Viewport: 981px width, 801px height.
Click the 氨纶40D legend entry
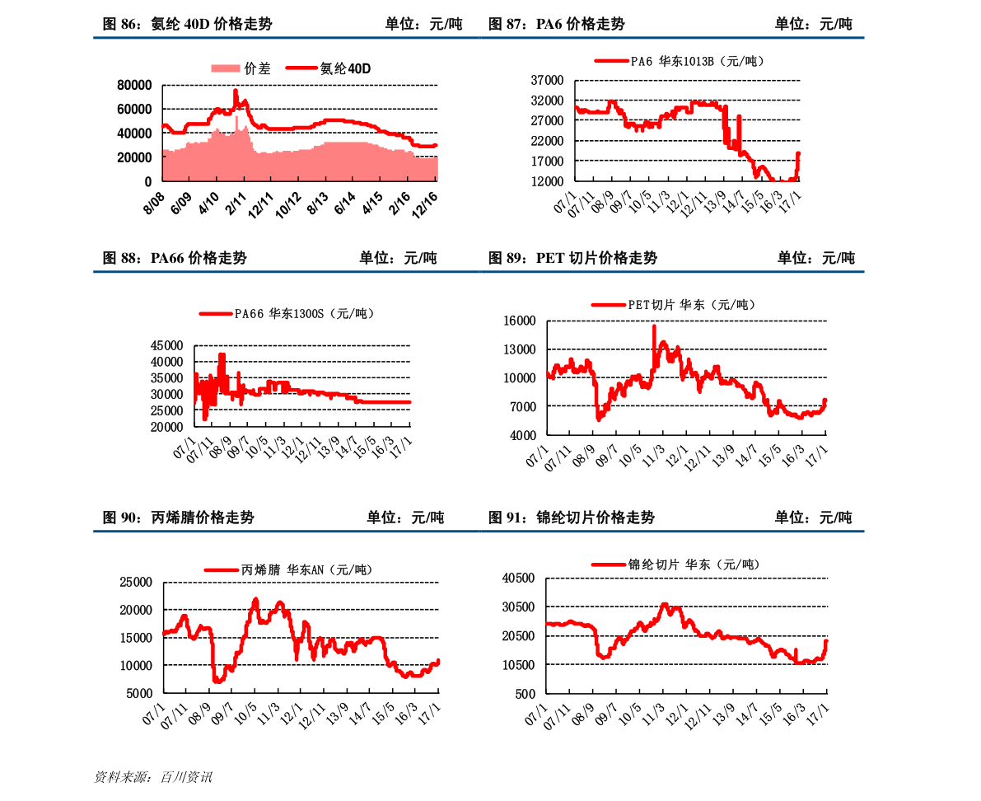click(x=345, y=68)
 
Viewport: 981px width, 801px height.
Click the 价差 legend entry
click(x=257, y=68)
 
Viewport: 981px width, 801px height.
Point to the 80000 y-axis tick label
click(x=134, y=85)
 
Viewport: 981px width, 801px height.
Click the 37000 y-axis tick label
click(x=546, y=80)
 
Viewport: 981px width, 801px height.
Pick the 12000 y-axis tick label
click(x=546, y=181)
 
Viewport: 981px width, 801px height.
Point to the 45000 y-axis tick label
click(x=167, y=345)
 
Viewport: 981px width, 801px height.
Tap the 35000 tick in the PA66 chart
click(x=167, y=378)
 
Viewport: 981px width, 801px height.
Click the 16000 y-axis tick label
click(x=520, y=321)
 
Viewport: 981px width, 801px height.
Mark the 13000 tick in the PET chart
click(x=520, y=349)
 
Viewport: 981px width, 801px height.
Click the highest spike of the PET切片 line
click(x=654, y=326)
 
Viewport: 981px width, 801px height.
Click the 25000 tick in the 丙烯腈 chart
click(x=136, y=582)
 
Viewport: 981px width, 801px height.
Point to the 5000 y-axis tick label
click(x=139, y=693)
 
